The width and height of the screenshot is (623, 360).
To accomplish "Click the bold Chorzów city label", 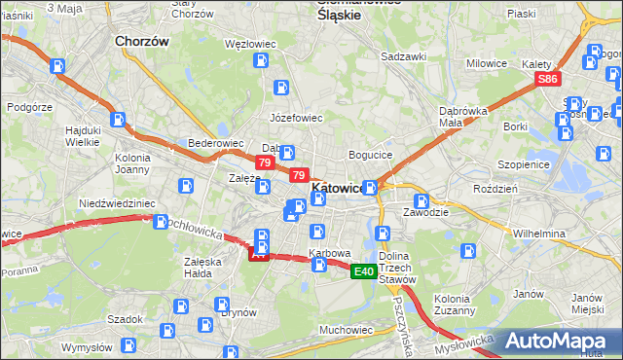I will [x=142, y=42].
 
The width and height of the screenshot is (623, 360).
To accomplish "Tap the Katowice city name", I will [x=338, y=188].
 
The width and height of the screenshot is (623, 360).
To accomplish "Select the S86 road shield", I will [x=548, y=79].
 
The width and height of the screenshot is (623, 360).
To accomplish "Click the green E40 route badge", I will [x=364, y=271].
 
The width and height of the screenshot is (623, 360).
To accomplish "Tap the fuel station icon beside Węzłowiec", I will [x=261, y=61].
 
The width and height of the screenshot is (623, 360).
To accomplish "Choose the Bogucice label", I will [x=370, y=155].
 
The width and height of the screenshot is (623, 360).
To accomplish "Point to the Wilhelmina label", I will [x=539, y=234].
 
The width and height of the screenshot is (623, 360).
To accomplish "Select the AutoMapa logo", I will [x=563, y=341].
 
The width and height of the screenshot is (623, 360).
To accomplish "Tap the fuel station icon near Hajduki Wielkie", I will [x=118, y=121].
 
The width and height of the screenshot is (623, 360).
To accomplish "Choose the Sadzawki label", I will [x=404, y=56].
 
